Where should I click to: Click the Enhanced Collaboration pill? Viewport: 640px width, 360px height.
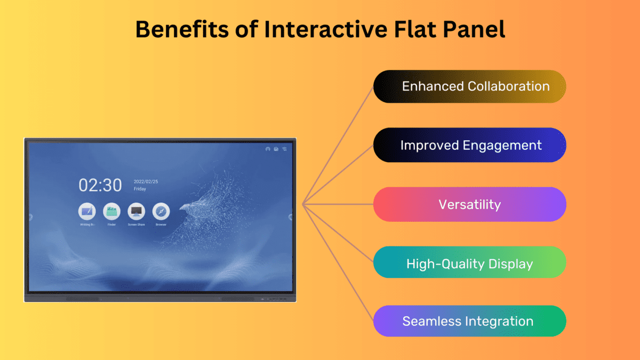pos(469,86)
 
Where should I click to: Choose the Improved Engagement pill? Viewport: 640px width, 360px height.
pos(469,145)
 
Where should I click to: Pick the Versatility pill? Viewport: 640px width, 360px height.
pos(469,204)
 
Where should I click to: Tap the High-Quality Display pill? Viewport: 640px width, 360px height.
pos(469,263)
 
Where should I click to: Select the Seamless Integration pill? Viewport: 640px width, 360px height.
pos(469,322)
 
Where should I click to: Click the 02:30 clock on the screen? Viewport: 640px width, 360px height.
pos(100,185)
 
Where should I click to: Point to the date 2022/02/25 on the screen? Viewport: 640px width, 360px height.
pos(146,181)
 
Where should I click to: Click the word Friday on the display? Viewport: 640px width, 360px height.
pos(140,189)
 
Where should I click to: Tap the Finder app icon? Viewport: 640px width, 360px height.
pos(111,212)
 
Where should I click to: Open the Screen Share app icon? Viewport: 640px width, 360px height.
pos(137,212)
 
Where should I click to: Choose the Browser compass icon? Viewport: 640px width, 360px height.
pos(161,212)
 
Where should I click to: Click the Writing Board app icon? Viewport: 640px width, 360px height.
pos(87,212)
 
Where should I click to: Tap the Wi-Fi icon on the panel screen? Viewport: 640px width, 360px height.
pos(285,149)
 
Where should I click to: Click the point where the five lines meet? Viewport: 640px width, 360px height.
pos(302,204)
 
